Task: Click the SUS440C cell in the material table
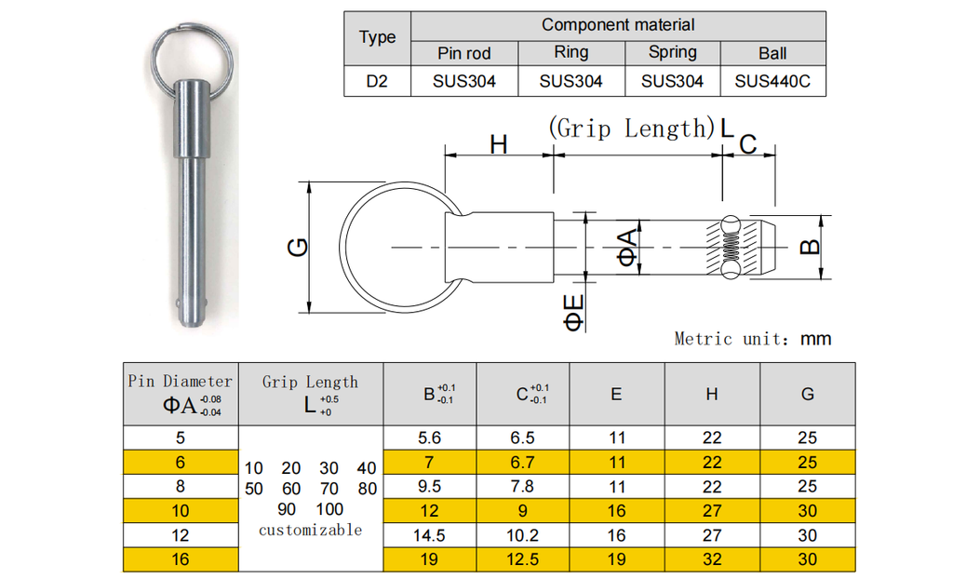772,81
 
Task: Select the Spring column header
672,53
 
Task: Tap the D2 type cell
377,81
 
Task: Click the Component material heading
618,25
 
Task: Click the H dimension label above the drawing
499,145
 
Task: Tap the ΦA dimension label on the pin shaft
628,247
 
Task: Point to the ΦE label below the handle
573,313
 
